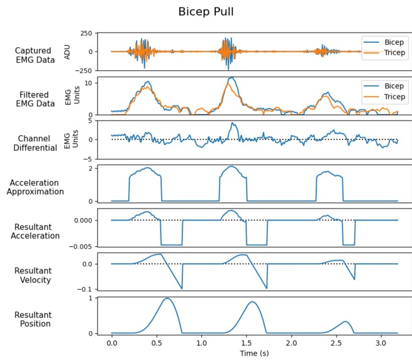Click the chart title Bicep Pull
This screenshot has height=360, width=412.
[206, 12]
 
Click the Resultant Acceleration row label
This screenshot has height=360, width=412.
[35, 231]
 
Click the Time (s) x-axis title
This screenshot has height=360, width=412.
[255, 354]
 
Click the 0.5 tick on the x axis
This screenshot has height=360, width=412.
[157, 344]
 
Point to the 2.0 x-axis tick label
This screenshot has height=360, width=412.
[291, 344]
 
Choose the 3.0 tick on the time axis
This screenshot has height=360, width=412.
[381, 344]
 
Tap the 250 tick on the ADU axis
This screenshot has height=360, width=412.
[86, 33]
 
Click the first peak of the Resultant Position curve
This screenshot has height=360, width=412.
[167, 298]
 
